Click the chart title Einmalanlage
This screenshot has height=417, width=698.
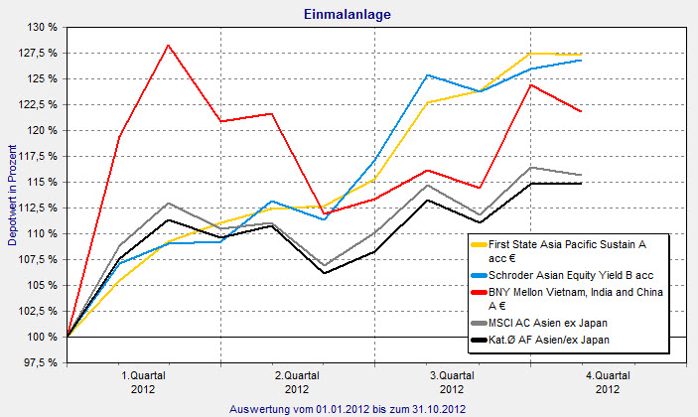point(349,13)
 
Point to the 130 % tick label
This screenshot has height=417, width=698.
point(39,27)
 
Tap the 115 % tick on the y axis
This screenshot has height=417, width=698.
point(39,182)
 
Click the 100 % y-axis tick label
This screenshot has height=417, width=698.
point(39,337)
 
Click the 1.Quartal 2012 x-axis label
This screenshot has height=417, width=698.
point(142,382)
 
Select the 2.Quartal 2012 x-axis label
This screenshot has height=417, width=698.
point(297,382)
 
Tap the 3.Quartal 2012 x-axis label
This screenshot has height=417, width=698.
point(452,382)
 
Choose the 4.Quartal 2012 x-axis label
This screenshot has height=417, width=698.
point(607,382)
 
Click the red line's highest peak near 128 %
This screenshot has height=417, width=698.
point(168,45)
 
